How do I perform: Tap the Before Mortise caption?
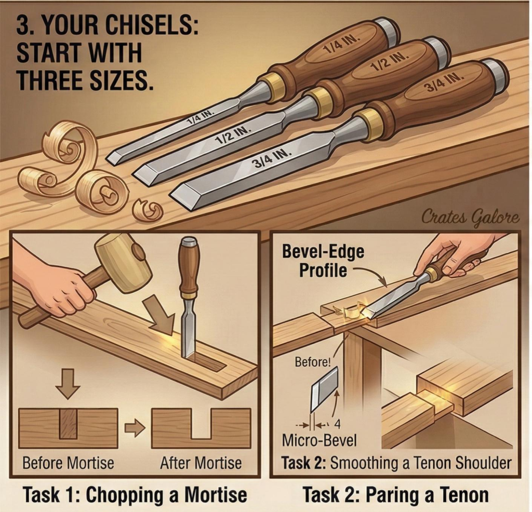pos(68,463)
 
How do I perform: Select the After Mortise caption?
pos(201,463)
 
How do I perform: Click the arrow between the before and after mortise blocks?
pos(135,428)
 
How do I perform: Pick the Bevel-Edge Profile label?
pos(323,261)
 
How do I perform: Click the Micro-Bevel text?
pos(319,441)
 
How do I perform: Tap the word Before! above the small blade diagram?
pos(313,362)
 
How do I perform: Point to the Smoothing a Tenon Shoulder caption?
pos(421,463)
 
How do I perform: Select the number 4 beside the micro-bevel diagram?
pos(337,425)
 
